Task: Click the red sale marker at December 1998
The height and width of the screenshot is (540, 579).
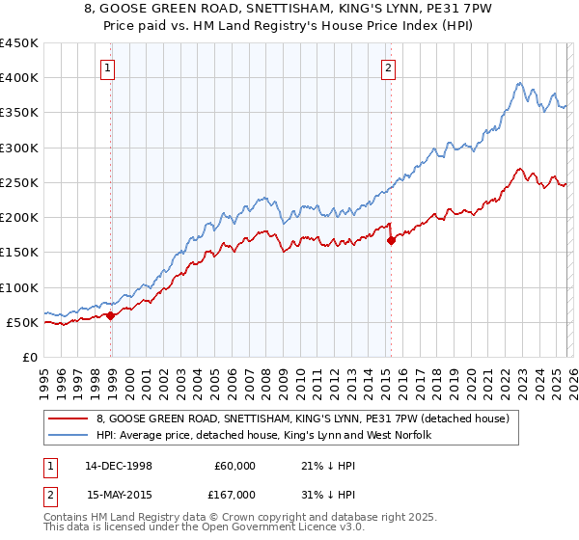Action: [x=111, y=314]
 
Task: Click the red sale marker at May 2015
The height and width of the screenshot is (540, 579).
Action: [x=391, y=241]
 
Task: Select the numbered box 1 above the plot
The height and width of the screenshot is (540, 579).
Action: [x=106, y=67]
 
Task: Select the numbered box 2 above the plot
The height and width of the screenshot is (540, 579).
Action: [x=387, y=67]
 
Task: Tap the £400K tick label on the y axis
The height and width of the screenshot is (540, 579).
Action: [x=19, y=78]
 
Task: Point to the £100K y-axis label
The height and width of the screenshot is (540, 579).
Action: [x=19, y=287]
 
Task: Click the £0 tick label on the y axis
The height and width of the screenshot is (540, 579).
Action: [x=29, y=357]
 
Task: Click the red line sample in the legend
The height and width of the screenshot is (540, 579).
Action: [x=69, y=418]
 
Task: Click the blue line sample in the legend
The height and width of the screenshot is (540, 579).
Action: [x=69, y=436]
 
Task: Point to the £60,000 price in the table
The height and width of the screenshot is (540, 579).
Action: [x=235, y=466]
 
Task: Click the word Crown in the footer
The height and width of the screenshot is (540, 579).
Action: [x=212, y=518]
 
